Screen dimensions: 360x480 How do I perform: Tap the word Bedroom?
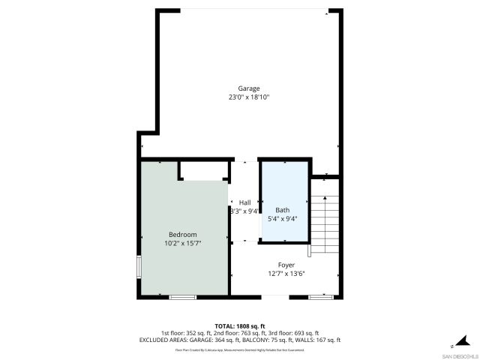pyautogui.click(x=182, y=235)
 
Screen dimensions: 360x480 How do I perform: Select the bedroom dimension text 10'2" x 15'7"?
pyautogui.click(x=182, y=244)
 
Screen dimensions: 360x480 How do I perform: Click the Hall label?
pyautogui.click(x=245, y=202)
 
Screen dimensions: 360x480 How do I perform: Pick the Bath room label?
pyautogui.click(x=282, y=210)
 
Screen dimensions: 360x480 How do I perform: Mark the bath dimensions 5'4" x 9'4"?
pyautogui.click(x=282, y=219)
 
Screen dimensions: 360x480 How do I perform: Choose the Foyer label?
pyautogui.click(x=286, y=265)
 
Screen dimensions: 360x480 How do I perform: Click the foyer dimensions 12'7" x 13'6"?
pyautogui.click(x=286, y=274)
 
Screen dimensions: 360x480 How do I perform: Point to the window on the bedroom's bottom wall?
pyautogui.click(x=182, y=298)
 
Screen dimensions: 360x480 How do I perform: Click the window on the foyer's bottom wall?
pyautogui.click(x=319, y=298)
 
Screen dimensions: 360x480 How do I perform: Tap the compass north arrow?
pyautogui.click(x=464, y=341)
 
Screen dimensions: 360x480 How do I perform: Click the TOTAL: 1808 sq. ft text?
pyautogui.click(x=240, y=326)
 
